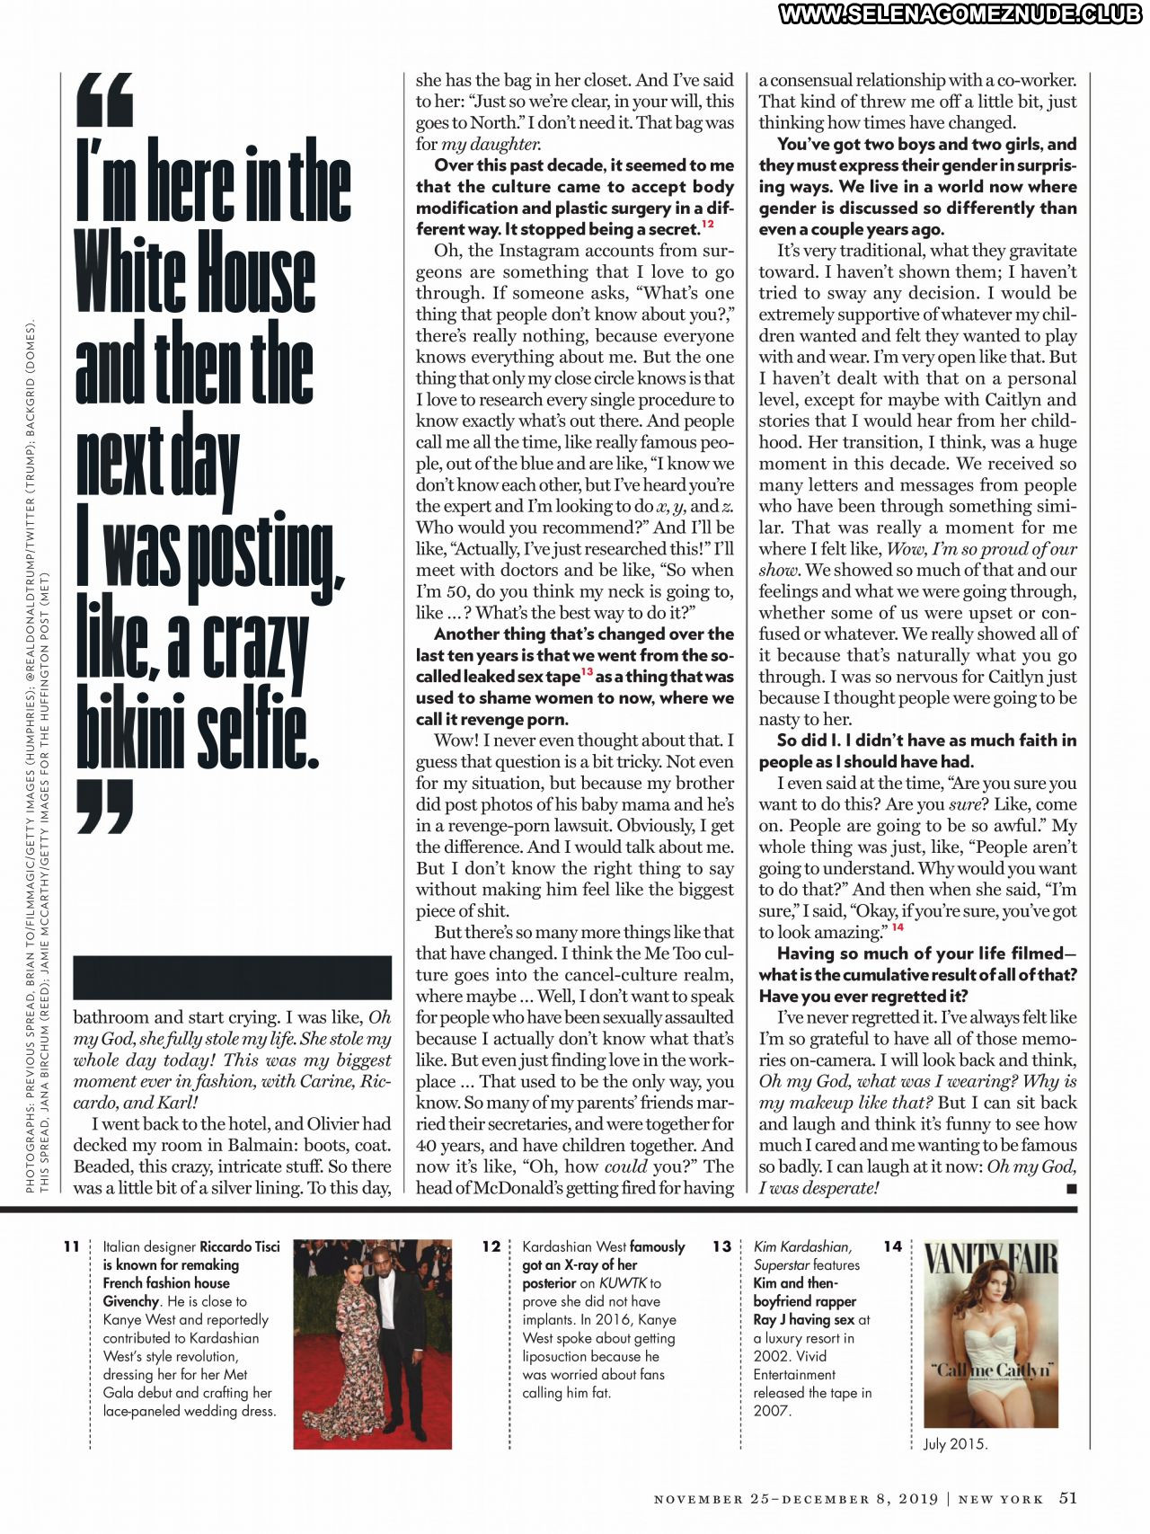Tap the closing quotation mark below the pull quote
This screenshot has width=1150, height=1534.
[104, 805]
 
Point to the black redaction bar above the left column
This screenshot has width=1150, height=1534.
[232, 978]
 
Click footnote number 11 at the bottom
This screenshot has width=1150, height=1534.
[71, 1246]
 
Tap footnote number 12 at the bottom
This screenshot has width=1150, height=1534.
[491, 1246]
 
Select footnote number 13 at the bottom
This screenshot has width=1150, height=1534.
[721, 1246]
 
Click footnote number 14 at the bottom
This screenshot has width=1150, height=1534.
[892, 1246]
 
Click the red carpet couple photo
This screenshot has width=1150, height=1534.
[372, 1343]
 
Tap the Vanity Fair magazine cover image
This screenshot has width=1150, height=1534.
[991, 1334]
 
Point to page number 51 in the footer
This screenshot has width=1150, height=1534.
[1067, 1497]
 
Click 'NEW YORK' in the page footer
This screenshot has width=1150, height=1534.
[1000, 1499]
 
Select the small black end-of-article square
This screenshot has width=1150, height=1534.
[1070, 1188]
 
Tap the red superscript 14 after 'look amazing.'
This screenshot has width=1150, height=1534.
[898, 927]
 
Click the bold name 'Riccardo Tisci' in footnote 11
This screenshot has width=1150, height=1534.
[239, 1246]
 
